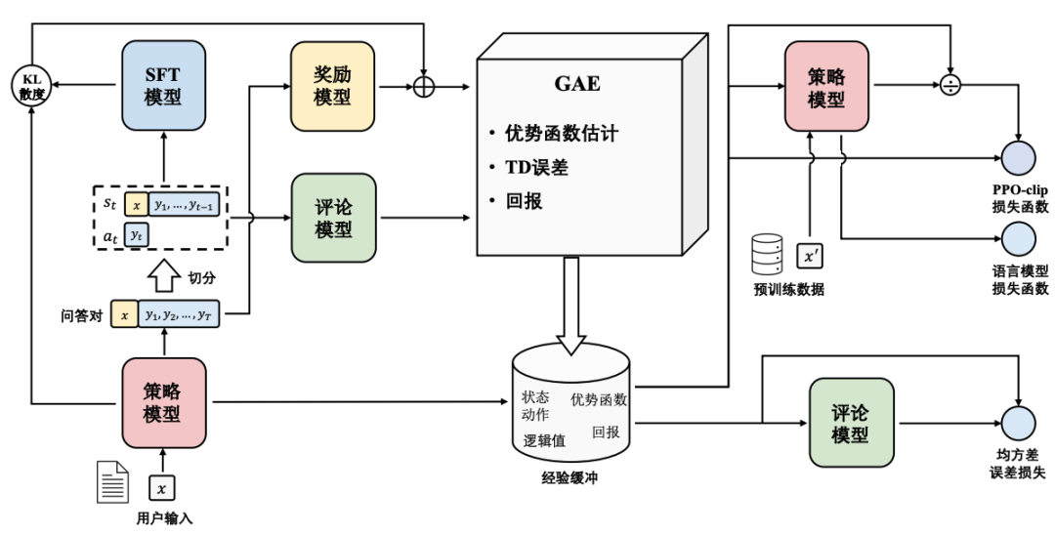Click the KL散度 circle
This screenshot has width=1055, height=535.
point(31,86)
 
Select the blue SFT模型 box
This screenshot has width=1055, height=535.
point(163,85)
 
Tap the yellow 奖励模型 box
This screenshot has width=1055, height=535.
point(332,86)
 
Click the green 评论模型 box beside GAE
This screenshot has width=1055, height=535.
point(333,218)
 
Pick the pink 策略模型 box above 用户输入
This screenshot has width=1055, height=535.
point(163,402)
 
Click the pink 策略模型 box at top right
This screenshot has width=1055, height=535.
point(826,86)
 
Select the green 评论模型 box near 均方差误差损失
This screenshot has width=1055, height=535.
point(851,423)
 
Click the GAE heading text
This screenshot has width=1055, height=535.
point(577,83)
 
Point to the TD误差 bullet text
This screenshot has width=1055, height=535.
point(537,167)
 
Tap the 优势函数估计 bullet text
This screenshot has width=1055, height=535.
point(561,133)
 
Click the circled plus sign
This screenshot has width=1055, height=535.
point(423,86)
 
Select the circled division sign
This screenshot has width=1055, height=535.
point(949,85)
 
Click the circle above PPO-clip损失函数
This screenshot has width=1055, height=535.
point(1019,158)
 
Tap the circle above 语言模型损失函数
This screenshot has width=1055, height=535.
point(1019,238)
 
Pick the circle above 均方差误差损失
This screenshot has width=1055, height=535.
point(1019,423)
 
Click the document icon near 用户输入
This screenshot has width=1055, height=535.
point(112,481)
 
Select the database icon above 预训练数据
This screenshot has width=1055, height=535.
point(767,254)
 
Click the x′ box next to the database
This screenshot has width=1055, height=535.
point(810,256)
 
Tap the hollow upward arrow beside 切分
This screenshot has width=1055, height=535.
point(163,275)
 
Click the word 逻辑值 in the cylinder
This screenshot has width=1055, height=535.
point(544,441)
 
